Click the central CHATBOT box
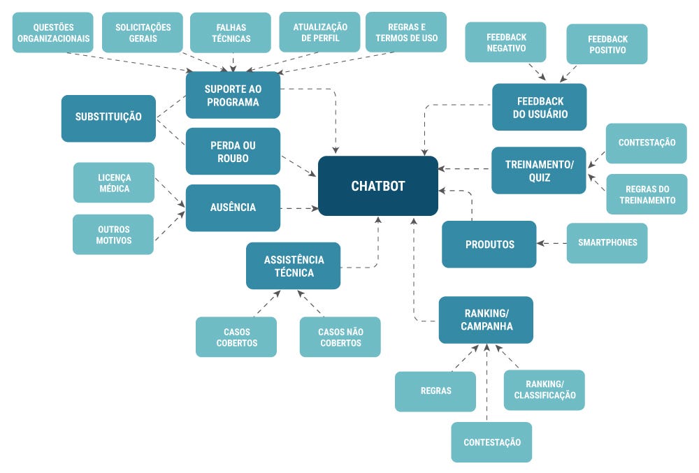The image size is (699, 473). click(x=378, y=186)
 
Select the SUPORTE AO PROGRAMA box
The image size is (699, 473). click(x=233, y=95)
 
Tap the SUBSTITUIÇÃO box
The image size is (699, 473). click(x=108, y=117)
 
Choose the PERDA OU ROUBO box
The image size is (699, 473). click(x=233, y=152)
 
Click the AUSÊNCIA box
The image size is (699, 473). click(x=233, y=208)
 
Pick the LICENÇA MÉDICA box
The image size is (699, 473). click(x=113, y=182)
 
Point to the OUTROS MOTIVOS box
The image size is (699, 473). click(x=113, y=235)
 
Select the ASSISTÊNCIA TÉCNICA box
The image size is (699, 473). click(x=294, y=266)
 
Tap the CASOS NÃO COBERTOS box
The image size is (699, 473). click(x=340, y=337)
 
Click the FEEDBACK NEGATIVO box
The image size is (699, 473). click(x=506, y=42)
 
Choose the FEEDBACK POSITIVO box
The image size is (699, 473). click(x=607, y=44)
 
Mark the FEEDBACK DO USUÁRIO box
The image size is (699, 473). click(x=540, y=108)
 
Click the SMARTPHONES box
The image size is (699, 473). click(x=607, y=243)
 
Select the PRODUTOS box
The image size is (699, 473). click(x=489, y=245)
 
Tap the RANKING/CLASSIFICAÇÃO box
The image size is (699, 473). click(x=545, y=390)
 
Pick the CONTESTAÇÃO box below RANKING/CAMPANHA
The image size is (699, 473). click(x=491, y=442)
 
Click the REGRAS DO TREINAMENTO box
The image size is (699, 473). click(x=647, y=194)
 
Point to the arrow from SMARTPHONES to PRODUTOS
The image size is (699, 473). click(x=552, y=244)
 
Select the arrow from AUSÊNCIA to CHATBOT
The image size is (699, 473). click(x=299, y=208)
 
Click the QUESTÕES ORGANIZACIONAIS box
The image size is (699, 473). click(x=52, y=33)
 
